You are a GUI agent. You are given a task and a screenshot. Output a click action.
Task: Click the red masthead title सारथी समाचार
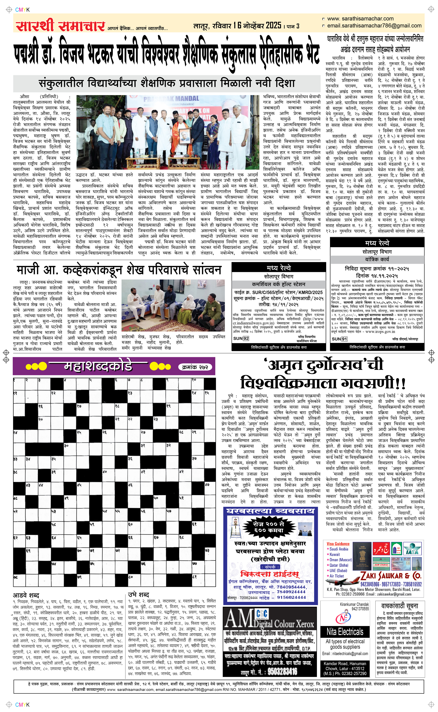(60, 26)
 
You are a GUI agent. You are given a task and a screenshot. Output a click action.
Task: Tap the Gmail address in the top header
(374, 26)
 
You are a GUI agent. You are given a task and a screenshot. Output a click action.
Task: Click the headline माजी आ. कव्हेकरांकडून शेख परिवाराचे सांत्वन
(119, 270)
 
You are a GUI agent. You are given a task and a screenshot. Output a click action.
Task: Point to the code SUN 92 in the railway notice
(241, 339)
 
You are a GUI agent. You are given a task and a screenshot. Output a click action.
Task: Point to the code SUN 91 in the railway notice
(339, 339)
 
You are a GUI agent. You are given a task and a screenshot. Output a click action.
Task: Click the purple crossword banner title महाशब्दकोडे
(98, 366)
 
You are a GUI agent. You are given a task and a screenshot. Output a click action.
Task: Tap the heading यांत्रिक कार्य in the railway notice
(377, 259)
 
